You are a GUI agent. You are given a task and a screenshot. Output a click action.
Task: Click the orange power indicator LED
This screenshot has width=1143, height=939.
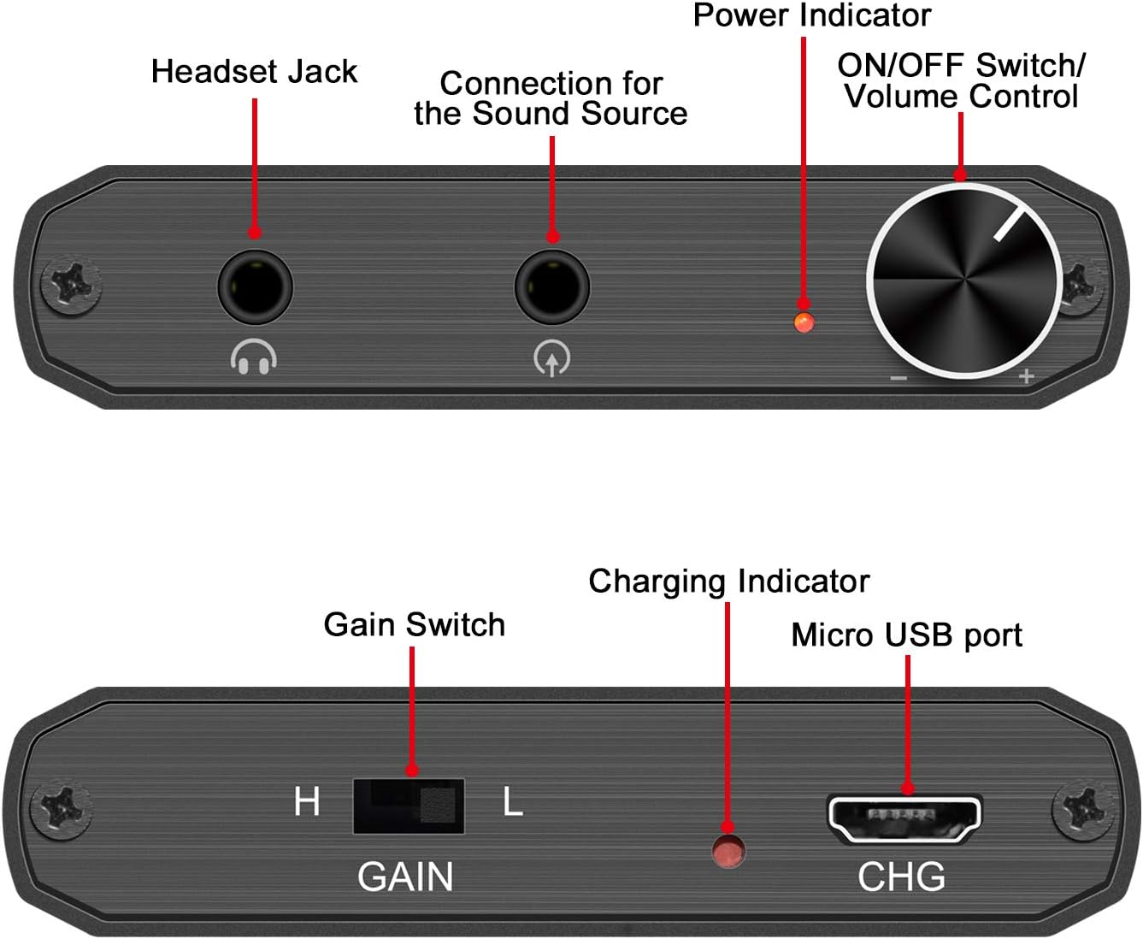pos(804,322)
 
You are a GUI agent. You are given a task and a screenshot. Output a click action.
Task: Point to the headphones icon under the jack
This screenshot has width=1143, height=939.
pos(253,357)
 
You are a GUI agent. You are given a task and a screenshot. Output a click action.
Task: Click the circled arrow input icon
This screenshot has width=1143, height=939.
pos(552,359)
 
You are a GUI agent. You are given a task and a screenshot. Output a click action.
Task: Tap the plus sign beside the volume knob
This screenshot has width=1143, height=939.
pos(1027,376)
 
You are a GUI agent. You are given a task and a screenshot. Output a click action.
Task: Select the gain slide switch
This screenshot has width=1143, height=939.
pos(409,806)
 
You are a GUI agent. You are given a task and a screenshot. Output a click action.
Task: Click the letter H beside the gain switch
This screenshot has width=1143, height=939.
pos(307,803)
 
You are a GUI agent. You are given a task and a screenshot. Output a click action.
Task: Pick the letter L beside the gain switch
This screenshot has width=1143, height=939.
pos(512,803)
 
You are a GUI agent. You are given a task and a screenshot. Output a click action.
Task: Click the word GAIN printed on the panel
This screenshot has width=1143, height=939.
pos(405,877)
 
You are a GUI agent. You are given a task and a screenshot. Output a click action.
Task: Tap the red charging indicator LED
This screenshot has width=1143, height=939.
pos(728,853)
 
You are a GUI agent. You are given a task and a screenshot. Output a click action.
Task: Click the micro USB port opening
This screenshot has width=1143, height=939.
pos(904,818)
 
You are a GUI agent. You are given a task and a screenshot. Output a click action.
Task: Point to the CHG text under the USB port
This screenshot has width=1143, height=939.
pos(901,877)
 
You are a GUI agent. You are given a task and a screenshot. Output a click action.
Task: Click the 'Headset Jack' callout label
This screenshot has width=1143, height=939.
pos(254,72)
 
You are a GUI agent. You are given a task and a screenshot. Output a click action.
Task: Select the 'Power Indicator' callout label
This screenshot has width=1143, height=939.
pos(811,15)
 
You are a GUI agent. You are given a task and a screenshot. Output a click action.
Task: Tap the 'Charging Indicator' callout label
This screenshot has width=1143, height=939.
pos(728,582)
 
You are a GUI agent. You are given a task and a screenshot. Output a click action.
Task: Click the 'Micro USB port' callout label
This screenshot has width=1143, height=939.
pos(906,635)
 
